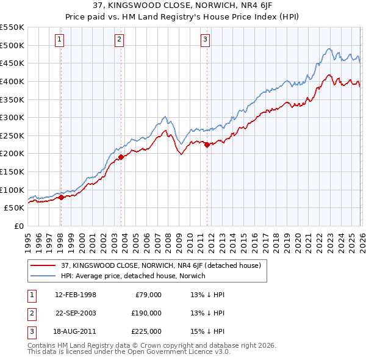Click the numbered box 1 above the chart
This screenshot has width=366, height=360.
[60, 40]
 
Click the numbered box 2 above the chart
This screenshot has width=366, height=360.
[119, 40]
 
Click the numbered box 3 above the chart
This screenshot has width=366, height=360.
[205, 40]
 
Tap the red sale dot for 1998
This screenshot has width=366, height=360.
[61, 197]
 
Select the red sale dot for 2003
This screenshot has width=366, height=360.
[121, 157]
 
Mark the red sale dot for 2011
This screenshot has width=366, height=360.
[207, 145]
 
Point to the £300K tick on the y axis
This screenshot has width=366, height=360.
[12, 117]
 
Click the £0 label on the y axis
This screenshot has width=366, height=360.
[20, 226]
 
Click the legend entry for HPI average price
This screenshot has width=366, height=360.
[133, 276]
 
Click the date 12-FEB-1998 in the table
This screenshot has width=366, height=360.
[75, 294]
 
